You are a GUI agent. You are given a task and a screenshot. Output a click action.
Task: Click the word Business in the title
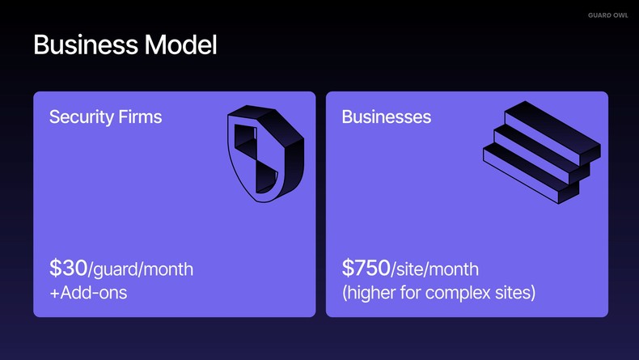click(85, 44)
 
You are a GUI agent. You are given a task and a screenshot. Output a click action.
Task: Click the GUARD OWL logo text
click(607, 15)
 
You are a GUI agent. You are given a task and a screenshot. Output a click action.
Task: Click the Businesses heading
click(386, 116)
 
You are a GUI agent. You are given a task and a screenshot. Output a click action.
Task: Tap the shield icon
click(264, 154)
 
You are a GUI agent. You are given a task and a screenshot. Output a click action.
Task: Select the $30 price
click(68, 268)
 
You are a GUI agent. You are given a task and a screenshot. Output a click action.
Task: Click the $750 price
click(366, 268)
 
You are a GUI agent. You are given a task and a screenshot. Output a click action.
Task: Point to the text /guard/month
click(141, 269)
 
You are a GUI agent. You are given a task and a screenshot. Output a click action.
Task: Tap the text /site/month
click(435, 269)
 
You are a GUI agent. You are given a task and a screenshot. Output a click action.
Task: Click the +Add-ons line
click(87, 292)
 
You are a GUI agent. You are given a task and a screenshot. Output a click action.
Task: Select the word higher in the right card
click(370, 292)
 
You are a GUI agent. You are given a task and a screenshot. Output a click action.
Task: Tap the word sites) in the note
click(515, 292)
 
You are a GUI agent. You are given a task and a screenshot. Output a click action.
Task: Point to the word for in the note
click(412, 292)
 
